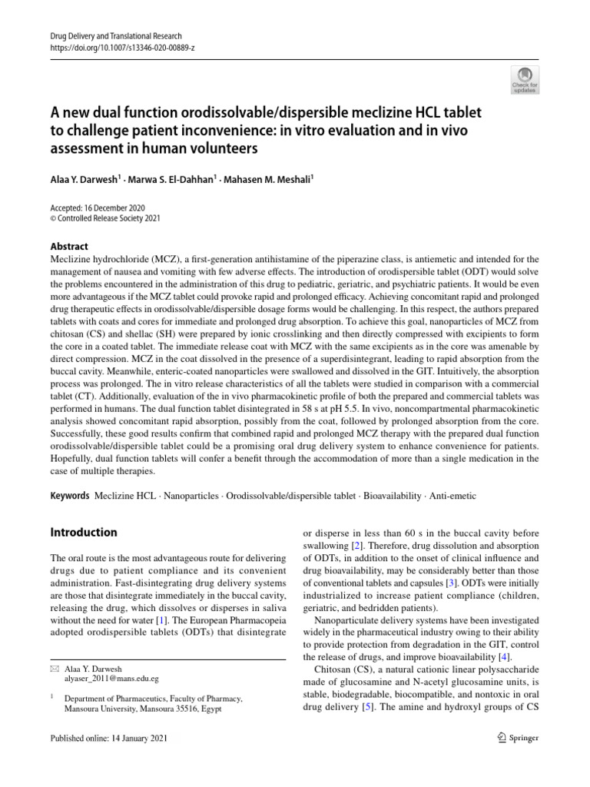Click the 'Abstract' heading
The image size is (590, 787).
click(69, 247)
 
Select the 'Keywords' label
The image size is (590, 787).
click(70, 496)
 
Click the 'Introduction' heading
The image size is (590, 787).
click(84, 533)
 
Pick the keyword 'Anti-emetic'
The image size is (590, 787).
click(452, 496)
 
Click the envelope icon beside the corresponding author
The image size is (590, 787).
click(55, 669)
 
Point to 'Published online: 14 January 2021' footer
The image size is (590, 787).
click(108, 738)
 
